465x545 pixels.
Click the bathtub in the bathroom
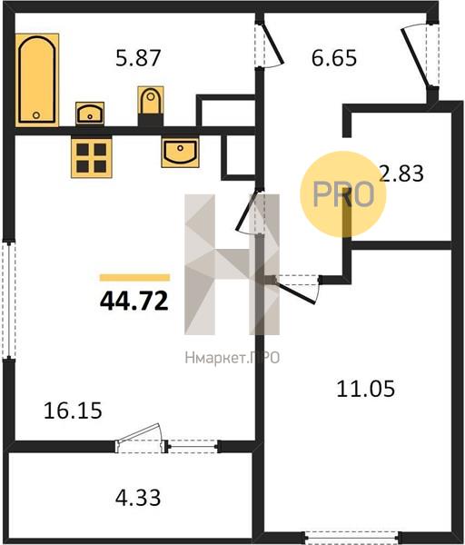pos(37,80)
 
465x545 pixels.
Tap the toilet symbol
pos(151,101)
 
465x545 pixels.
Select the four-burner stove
pos(92,157)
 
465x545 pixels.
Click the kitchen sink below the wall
pos(180,153)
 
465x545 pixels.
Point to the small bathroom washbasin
pos(90,114)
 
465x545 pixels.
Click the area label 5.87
pos(138,58)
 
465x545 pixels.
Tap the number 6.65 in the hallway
pos(334,58)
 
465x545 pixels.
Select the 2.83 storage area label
pos(401,173)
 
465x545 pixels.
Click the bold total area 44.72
pos(134,301)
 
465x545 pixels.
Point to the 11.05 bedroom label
pos(366,389)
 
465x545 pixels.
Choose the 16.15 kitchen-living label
pos(73,411)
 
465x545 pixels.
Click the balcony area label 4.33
pos(138,498)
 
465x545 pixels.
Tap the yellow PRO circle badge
pos(343,194)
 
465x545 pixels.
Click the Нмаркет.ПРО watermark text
pos(232,358)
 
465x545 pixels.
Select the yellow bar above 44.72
pos(134,277)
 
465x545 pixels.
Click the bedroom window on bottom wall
pos(352,538)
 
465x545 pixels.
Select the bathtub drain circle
pos(36,115)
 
